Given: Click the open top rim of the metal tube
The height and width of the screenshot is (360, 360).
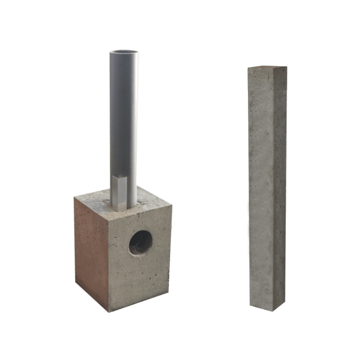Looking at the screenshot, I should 124,52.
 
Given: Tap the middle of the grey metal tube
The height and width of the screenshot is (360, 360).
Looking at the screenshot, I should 124,122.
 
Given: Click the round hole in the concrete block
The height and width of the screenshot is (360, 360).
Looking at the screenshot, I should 141,242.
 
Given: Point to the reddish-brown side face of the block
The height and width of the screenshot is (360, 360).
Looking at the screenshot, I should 91,248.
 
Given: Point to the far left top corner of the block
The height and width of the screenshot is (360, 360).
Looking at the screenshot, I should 75,197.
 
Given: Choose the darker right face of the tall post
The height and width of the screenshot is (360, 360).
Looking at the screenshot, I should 280,187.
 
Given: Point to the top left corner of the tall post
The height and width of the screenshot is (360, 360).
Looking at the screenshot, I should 248,68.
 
